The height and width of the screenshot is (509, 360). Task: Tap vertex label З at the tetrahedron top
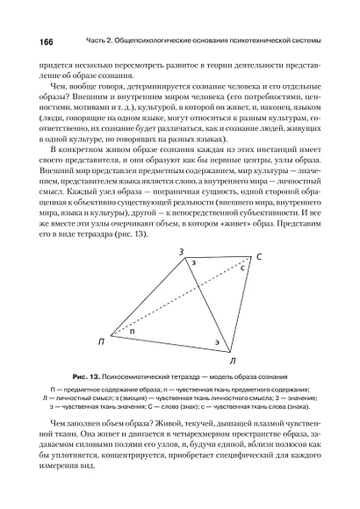click(182, 253)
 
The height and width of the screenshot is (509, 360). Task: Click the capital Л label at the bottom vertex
click(231, 360)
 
